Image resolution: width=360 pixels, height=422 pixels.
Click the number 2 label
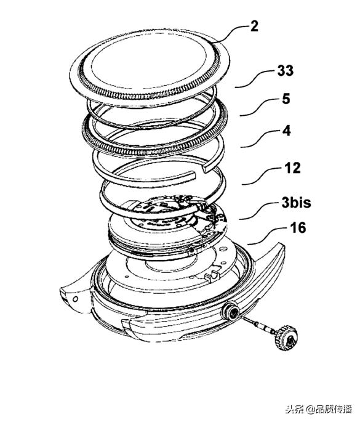pos(254,26)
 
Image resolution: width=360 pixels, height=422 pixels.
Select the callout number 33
pos(286,71)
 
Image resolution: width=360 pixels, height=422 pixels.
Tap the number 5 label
pos(286,99)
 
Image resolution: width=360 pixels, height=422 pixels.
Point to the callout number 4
pos(287,131)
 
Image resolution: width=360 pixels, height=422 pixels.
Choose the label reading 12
pos(292,168)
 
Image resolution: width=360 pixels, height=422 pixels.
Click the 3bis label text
pos(296,203)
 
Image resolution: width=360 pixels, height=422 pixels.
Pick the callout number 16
pos(298,228)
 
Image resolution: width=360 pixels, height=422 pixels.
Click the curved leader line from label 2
pos(232,32)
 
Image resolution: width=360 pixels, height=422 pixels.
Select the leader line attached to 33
pos(255,79)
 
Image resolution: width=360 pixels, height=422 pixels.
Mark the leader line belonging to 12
pos(262,176)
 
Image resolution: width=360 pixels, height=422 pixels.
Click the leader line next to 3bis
pos(258,211)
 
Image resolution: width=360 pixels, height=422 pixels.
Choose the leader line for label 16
pos(266,236)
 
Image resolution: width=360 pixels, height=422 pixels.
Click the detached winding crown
pos(287,338)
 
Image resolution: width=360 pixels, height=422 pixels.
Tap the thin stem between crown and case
pos(258,323)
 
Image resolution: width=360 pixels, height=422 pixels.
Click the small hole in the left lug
pos(76,298)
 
